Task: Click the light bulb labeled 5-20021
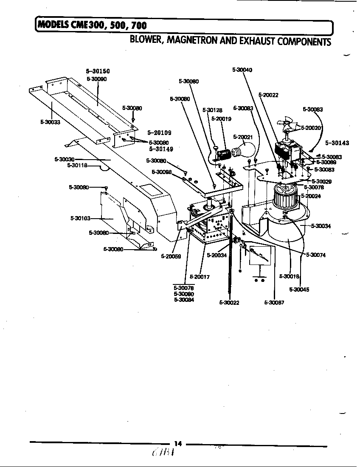[x=246, y=149]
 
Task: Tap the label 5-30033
[x=51, y=122]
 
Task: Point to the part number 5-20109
[x=159, y=133]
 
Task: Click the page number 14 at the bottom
[x=178, y=444]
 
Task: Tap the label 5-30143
[x=337, y=143]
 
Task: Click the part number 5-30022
[x=229, y=302]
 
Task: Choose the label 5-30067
[x=274, y=302]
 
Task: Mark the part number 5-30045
[x=299, y=290]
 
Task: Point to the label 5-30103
[x=80, y=218]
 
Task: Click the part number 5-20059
[x=171, y=256]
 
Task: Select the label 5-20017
[x=200, y=276]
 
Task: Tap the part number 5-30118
[x=77, y=166]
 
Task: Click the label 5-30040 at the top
[x=242, y=70]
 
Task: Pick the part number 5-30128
[x=212, y=110]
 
